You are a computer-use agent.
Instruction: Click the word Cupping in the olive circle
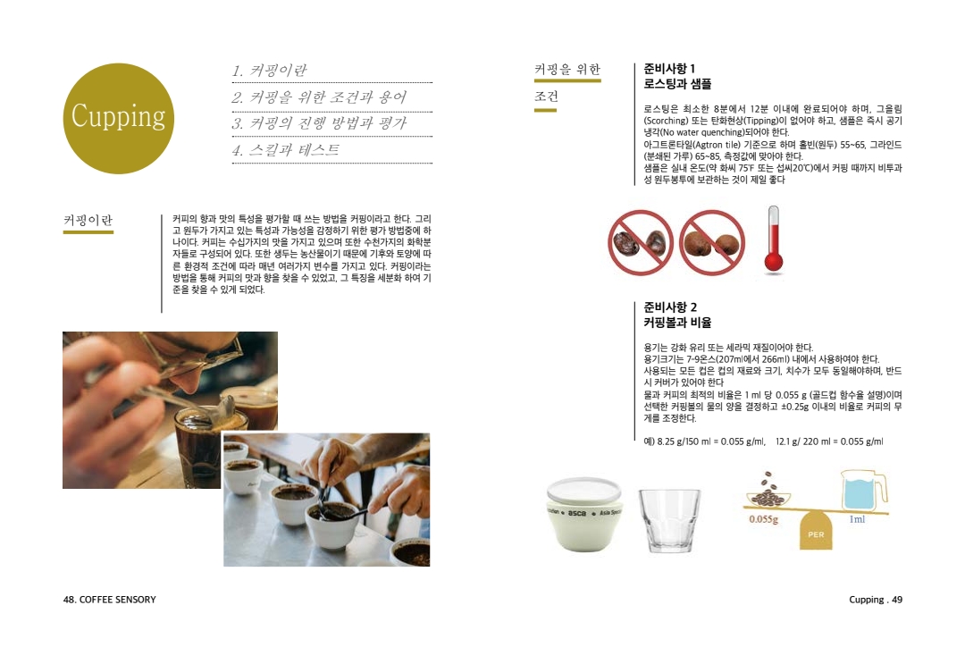tap(118, 116)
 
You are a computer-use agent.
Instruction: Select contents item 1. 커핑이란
tap(270, 71)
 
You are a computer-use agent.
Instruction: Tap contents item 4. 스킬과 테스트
tap(286, 150)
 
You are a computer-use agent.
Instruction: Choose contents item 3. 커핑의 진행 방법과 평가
tap(319, 123)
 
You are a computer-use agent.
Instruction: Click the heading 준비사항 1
tap(669, 68)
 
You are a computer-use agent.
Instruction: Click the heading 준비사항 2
tap(670, 307)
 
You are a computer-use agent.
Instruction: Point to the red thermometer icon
tap(774, 240)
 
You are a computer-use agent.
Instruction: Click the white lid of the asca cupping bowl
tap(583, 492)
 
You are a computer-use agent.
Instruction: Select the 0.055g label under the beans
tap(763, 519)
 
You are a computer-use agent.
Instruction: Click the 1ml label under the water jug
tap(857, 519)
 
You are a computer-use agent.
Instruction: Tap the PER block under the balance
tap(816, 531)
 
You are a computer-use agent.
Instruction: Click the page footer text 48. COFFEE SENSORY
tap(110, 600)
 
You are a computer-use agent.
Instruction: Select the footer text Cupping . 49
tap(875, 600)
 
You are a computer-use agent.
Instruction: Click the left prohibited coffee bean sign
tap(640, 242)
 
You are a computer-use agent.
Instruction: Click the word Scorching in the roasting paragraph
tap(667, 121)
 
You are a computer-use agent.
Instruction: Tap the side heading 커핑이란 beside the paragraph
tap(88, 221)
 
